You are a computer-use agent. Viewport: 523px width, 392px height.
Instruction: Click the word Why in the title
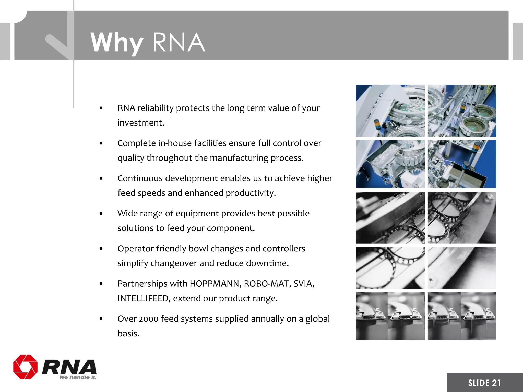click(117, 43)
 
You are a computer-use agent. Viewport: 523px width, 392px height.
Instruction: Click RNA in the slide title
click(179, 43)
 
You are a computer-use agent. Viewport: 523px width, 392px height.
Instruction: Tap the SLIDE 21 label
click(484, 383)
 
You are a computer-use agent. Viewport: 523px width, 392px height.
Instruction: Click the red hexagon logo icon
click(25, 367)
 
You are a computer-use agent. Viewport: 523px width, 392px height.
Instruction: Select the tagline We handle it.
click(78, 377)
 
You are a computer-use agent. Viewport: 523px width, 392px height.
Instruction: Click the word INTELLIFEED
click(144, 298)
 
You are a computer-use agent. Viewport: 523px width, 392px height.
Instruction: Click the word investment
click(140, 123)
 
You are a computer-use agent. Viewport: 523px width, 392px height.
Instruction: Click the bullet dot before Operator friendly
click(101, 249)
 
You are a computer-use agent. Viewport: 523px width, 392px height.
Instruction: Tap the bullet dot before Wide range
click(101, 213)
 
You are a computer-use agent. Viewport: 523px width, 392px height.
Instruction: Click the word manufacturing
click(239, 158)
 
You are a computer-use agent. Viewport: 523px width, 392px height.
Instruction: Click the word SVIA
click(304, 284)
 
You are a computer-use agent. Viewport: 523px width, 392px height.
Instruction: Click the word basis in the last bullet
click(128, 333)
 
